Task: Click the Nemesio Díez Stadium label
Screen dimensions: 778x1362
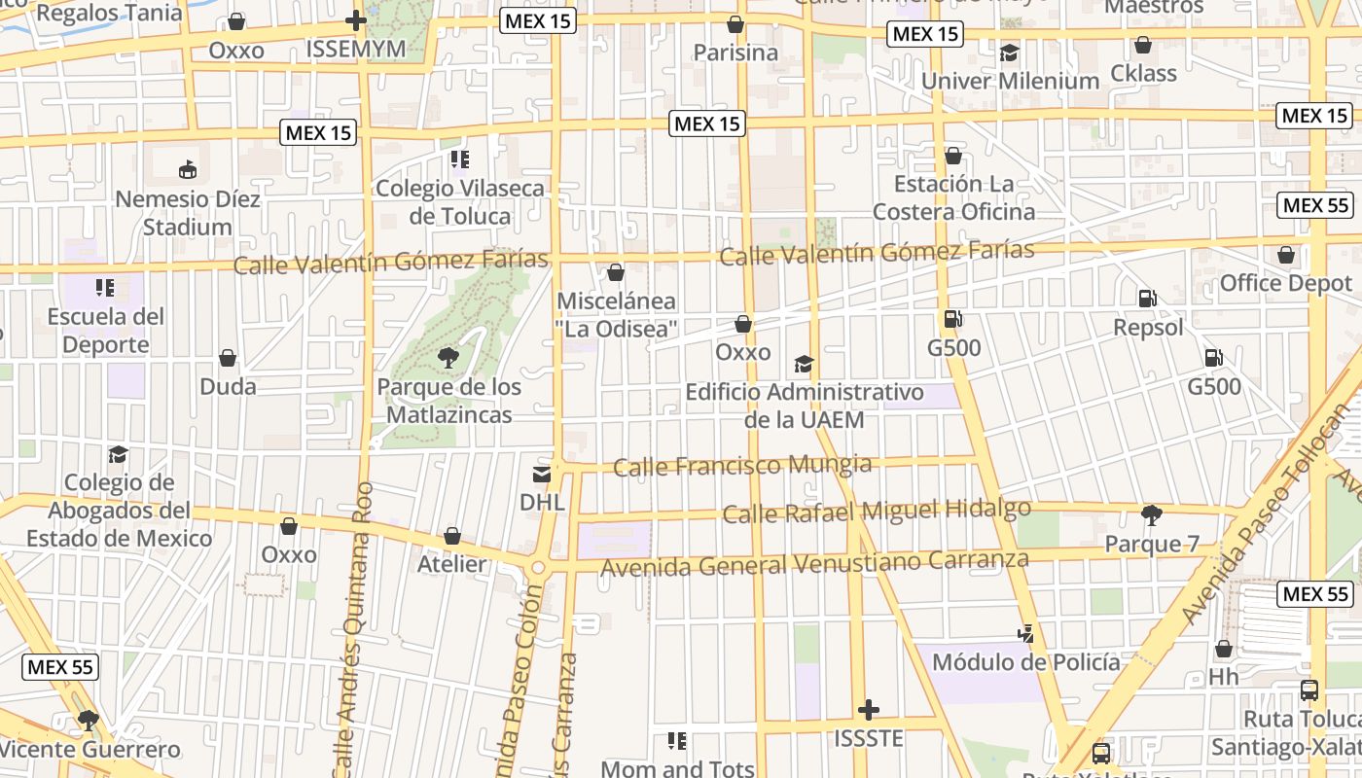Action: (x=188, y=213)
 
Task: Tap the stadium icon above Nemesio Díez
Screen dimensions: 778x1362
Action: (x=188, y=170)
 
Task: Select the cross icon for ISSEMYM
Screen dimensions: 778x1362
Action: (x=356, y=20)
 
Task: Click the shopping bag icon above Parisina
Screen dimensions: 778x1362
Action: (x=735, y=24)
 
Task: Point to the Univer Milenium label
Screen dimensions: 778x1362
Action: (x=1010, y=81)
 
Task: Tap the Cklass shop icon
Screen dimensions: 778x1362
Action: (x=1143, y=45)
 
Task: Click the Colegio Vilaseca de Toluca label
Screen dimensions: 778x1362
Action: (x=460, y=201)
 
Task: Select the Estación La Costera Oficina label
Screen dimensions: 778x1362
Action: (x=953, y=197)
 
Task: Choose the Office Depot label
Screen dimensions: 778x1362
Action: (x=1285, y=283)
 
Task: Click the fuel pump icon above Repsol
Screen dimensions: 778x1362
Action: (x=1148, y=299)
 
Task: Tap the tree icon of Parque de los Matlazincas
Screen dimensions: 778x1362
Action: (x=448, y=358)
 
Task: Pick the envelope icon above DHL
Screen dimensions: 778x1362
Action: (x=542, y=475)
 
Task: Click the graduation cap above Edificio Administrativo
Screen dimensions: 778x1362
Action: (x=804, y=365)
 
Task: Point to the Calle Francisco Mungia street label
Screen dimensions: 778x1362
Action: (x=742, y=466)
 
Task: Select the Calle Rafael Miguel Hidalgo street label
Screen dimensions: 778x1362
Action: (x=876, y=511)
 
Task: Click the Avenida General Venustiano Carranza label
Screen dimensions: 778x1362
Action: (x=814, y=563)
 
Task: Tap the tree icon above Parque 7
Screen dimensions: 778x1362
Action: (x=1152, y=515)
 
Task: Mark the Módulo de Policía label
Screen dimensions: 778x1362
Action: (x=1025, y=662)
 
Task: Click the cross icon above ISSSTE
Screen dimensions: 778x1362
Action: (x=869, y=710)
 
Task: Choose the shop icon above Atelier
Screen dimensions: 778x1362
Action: (x=452, y=536)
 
